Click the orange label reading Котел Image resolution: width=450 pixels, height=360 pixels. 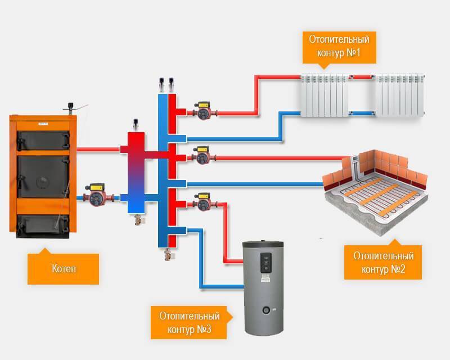[x=63, y=269]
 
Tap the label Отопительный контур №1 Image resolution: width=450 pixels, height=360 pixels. [x=339, y=48]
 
